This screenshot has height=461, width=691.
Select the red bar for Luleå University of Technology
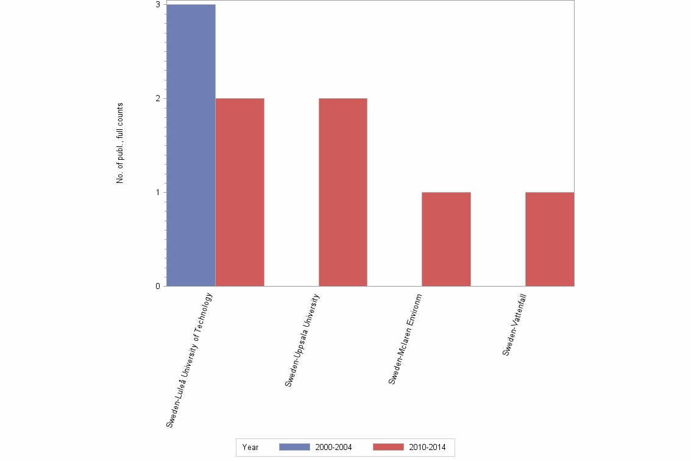click(239, 192)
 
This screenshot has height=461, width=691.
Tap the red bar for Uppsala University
click(342, 192)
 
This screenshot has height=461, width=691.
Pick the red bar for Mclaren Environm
click(446, 239)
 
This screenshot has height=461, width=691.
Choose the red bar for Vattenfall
click(549, 239)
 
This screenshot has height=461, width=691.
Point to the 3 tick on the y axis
click(157, 5)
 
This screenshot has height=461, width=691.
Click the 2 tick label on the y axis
click(157, 99)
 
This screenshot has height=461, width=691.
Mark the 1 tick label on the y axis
click(157, 193)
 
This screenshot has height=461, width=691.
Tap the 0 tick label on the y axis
click(157, 287)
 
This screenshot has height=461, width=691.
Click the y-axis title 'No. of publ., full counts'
click(120, 143)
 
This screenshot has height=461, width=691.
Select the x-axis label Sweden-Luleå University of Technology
click(190, 360)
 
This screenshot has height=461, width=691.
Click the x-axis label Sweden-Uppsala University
click(302, 340)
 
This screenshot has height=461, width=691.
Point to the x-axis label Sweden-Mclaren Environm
click(405, 338)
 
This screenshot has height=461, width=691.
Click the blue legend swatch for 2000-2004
click(294, 448)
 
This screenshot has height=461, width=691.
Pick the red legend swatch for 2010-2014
click(388, 448)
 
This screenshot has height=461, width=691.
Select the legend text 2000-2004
click(333, 448)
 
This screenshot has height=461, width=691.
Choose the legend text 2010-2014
click(427, 448)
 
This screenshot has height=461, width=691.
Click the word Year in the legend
click(250, 448)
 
